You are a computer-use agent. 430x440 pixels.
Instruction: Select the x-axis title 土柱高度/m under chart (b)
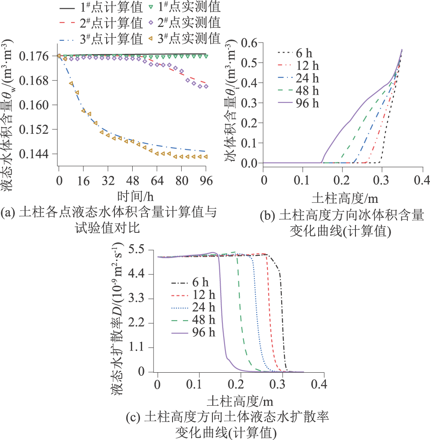(x=345, y=198)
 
